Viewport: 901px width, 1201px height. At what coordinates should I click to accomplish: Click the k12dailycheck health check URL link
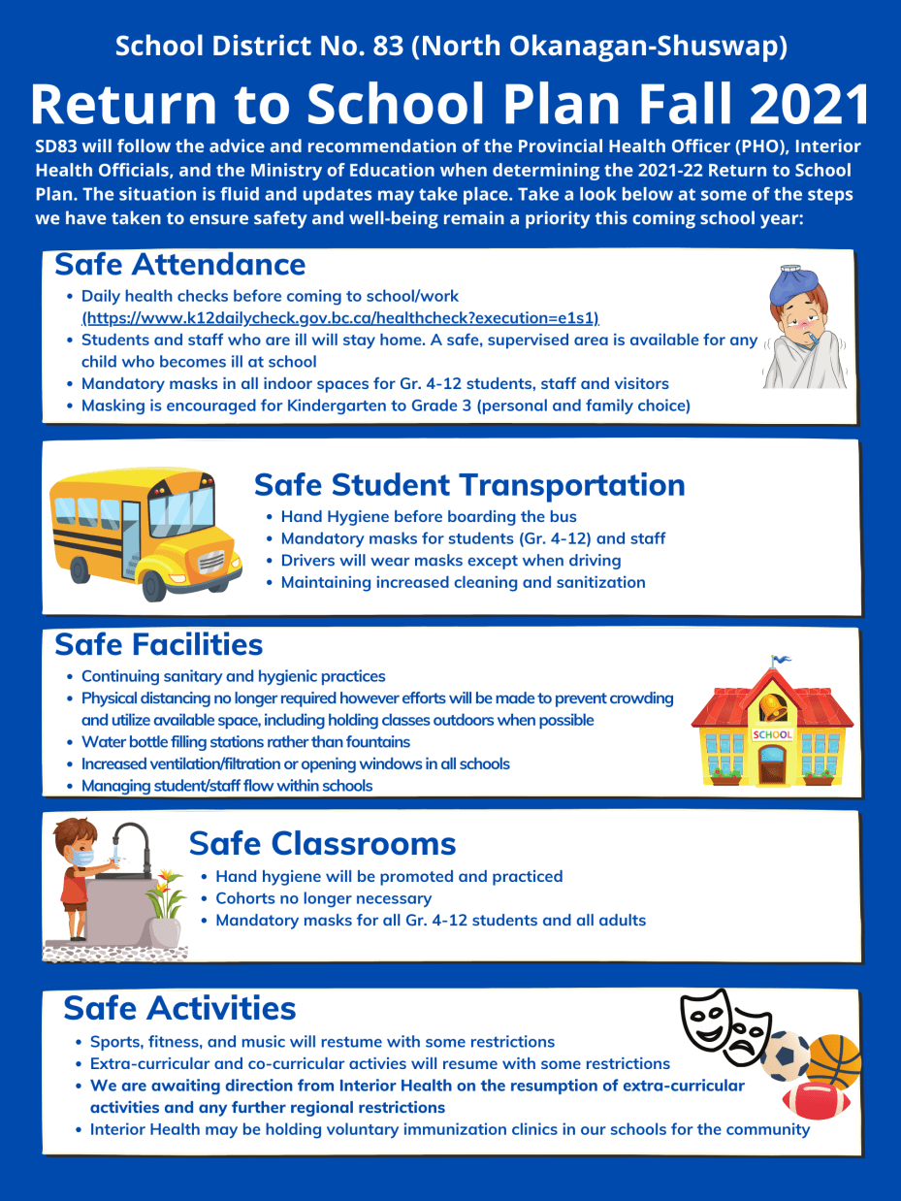point(339,317)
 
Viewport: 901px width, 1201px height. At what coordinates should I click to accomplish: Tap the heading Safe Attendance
point(179,264)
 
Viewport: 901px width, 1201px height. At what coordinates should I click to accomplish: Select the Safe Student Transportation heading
point(469,484)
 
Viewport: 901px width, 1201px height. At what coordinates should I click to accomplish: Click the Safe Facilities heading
point(158,644)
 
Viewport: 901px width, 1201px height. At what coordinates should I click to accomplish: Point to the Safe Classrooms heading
point(322,843)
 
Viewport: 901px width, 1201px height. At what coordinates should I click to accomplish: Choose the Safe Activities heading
point(179,1008)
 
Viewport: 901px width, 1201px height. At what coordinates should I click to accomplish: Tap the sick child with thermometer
point(804,335)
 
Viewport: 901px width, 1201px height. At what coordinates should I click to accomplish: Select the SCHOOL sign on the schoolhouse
point(772,734)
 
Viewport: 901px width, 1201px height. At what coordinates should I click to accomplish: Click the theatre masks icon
point(724,1027)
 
